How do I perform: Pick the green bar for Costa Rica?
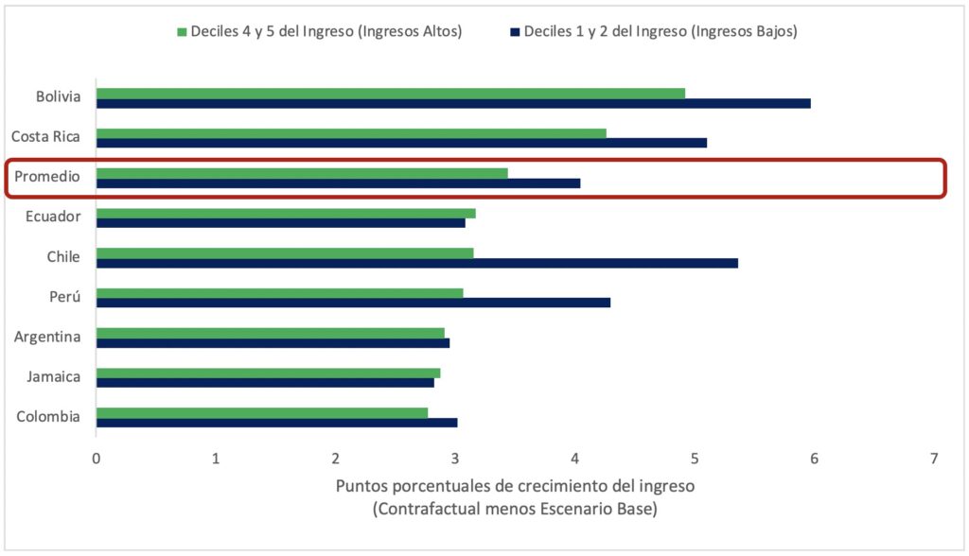click(x=350, y=133)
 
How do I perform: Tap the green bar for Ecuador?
click(x=285, y=213)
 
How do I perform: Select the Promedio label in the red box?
click(x=47, y=177)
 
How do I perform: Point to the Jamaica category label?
click(x=53, y=376)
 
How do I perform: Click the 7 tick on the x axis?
click(x=934, y=459)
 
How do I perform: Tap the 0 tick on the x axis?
click(x=96, y=459)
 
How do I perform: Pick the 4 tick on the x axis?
click(x=575, y=459)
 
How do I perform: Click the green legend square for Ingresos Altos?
click(x=183, y=32)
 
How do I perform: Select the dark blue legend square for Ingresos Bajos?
click(x=516, y=32)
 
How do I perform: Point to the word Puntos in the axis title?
click(x=361, y=488)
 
